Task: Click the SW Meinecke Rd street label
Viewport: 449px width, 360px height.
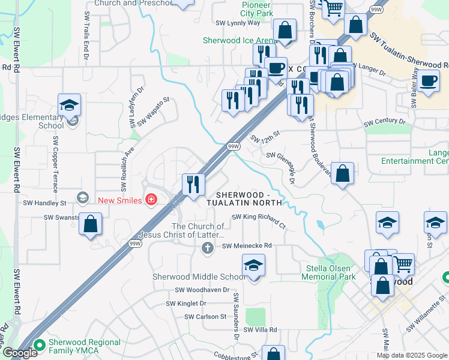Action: click(x=247, y=245)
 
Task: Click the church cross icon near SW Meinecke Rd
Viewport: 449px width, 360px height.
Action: click(x=208, y=248)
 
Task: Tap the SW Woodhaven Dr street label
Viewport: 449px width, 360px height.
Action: click(x=202, y=290)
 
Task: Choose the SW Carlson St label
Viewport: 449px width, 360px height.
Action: click(x=205, y=316)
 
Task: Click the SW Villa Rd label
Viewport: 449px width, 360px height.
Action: click(x=256, y=330)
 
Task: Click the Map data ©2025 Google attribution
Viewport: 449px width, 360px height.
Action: click(x=412, y=355)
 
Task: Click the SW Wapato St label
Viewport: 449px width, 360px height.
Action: click(x=154, y=112)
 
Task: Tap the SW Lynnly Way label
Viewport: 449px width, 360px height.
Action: click(x=238, y=23)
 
